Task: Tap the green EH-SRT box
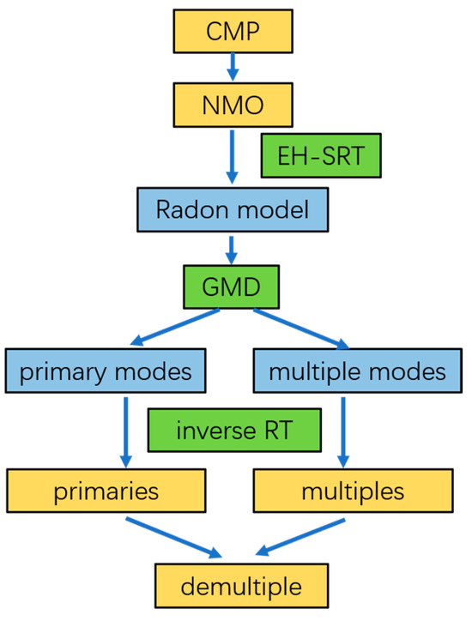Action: tap(319, 156)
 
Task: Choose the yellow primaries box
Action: tap(107, 491)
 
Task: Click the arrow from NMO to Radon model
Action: tap(231, 158)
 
